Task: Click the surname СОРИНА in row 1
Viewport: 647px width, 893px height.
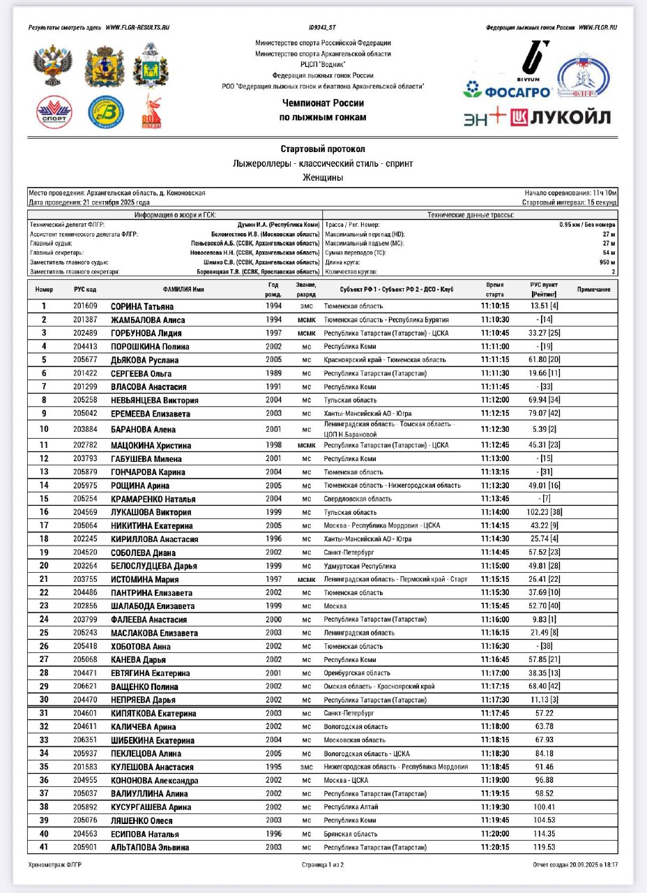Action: tap(126, 306)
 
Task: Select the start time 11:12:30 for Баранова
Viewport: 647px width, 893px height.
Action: tap(495, 429)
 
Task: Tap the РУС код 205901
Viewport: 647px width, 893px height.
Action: tap(86, 847)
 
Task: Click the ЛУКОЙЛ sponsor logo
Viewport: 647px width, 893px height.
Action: tap(561, 117)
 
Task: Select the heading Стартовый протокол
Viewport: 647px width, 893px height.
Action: tap(323, 149)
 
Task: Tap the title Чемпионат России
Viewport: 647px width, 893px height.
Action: tap(323, 103)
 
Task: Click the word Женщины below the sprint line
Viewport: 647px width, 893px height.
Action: tap(323, 178)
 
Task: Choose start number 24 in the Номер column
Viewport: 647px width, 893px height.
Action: tap(44, 620)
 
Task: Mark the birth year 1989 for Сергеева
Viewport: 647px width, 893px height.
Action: tap(274, 373)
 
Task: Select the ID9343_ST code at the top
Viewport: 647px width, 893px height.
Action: tap(323, 28)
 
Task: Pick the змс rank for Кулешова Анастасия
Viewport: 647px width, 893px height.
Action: tap(307, 767)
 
